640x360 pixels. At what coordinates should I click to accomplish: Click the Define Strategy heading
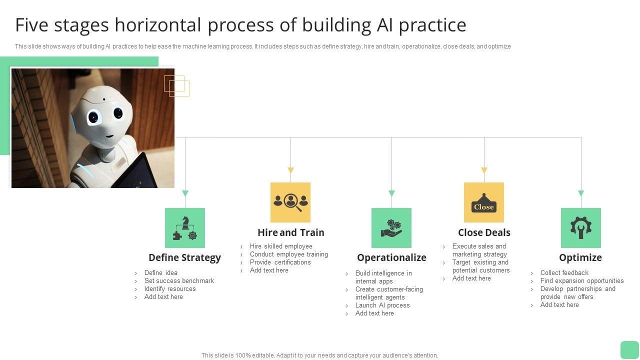(x=184, y=257)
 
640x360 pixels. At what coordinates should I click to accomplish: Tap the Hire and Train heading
(x=290, y=232)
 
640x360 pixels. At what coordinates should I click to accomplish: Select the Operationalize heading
(x=391, y=257)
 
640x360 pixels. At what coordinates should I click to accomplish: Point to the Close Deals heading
(x=484, y=232)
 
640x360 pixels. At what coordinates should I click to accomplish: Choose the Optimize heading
(x=580, y=257)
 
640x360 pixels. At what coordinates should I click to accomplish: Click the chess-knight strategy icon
(x=185, y=228)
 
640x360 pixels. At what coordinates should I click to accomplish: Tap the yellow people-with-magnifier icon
(x=290, y=202)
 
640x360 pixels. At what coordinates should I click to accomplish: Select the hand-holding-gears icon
(x=391, y=228)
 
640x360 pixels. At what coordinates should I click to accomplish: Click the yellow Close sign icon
(x=484, y=202)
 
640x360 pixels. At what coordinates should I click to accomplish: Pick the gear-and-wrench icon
(x=581, y=228)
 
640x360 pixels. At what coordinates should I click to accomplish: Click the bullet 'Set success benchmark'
(x=179, y=280)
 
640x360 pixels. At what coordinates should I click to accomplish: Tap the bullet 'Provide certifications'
(x=280, y=262)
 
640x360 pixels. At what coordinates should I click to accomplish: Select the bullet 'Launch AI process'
(x=382, y=305)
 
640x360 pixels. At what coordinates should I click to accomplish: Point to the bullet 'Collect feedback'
(x=564, y=272)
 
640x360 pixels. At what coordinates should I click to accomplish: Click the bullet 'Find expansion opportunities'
(x=582, y=280)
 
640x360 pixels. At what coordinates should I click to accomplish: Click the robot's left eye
(x=93, y=118)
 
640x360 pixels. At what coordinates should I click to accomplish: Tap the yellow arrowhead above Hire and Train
(x=290, y=170)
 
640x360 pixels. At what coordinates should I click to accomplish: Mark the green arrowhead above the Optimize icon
(x=581, y=193)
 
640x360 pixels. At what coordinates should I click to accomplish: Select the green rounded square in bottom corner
(x=629, y=349)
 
